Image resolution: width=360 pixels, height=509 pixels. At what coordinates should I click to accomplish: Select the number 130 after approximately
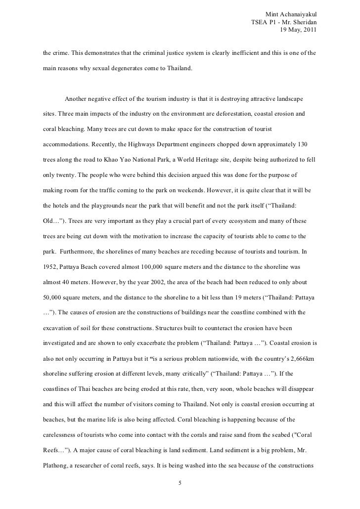304,147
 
